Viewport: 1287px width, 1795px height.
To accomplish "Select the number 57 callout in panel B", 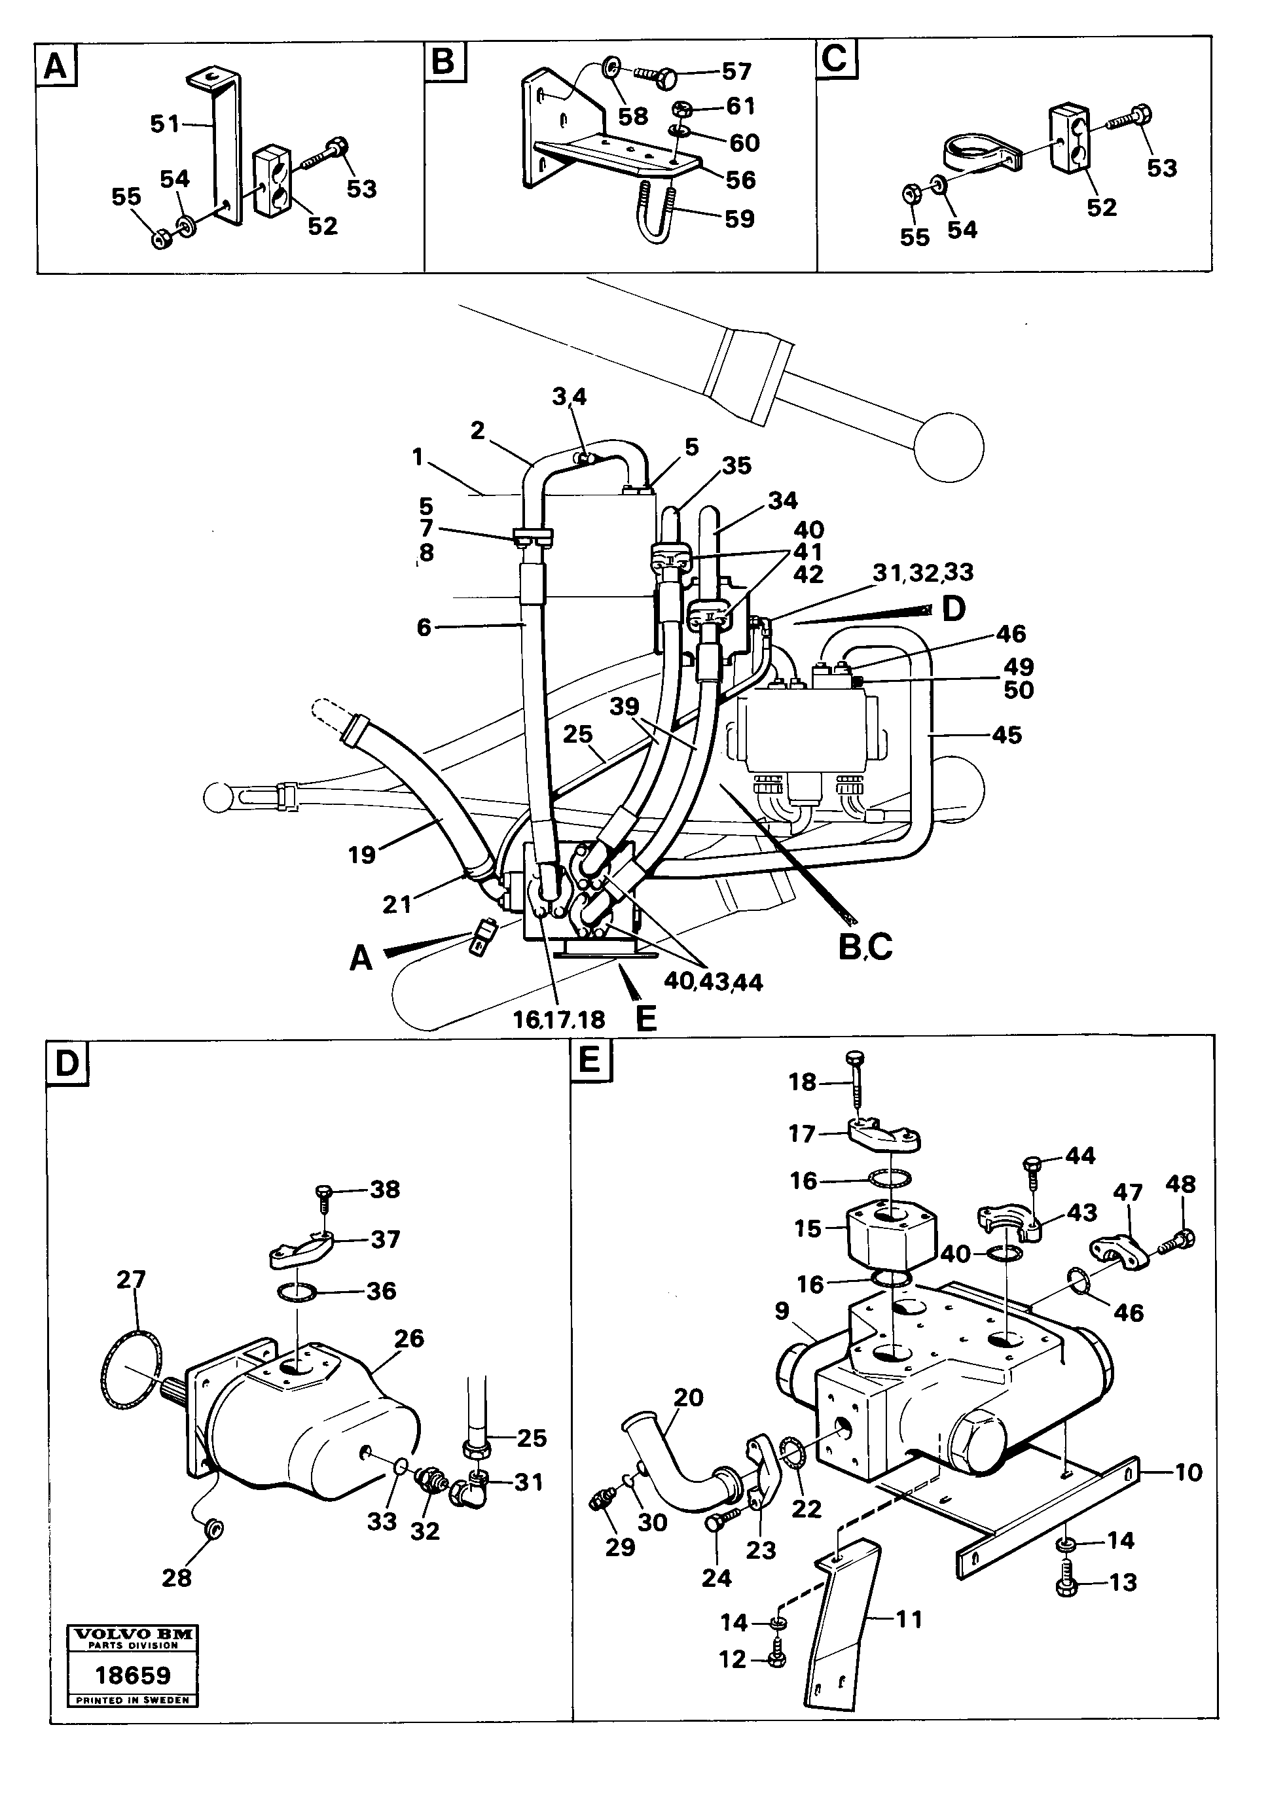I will click(x=735, y=72).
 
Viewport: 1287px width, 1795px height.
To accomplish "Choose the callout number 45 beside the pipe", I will click(x=1006, y=736).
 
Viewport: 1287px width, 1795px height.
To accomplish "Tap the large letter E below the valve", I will click(x=646, y=1019).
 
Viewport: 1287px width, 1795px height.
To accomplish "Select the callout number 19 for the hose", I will click(x=362, y=855).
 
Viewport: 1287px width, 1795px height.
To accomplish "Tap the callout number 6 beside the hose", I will click(x=424, y=628).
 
